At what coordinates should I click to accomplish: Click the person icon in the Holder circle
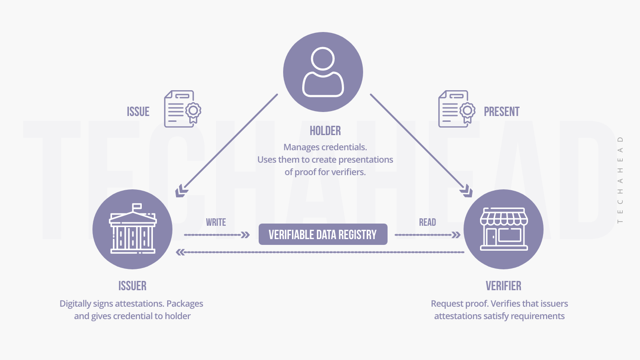pyautogui.click(x=323, y=72)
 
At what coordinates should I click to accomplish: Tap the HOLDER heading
pyautogui.click(x=325, y=131)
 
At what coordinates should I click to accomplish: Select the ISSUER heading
pyautogui.click(x=132, y=285)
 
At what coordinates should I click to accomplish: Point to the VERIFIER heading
pyautogui.click(x=504, y=285)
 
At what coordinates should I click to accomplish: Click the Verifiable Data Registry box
pyautogui.click(x=323, y=234)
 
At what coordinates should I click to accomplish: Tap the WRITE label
pyautogui.click(x=216, y=222)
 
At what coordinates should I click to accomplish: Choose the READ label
pyautogui.click(x=428, y=222)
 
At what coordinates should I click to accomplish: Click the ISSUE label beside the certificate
pyautogui.click(x=138, y=112)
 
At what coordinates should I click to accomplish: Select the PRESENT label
pyautogui.click(x=502, y=112)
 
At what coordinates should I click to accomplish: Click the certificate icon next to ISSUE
pyautogui.click(x=183, y=109)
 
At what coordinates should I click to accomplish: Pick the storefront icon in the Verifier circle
pyautogui.click(x=504, y=230)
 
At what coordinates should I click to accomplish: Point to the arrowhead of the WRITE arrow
pyautogui.click(x=245, y=235)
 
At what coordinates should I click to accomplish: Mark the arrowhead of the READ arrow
pyautogui.click(x=456, y=235)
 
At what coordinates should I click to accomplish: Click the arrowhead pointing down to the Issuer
pyautogui.click(x=180, y=192)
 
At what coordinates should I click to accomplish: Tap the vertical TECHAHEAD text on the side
pyautogui.click(x=620, y=180)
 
